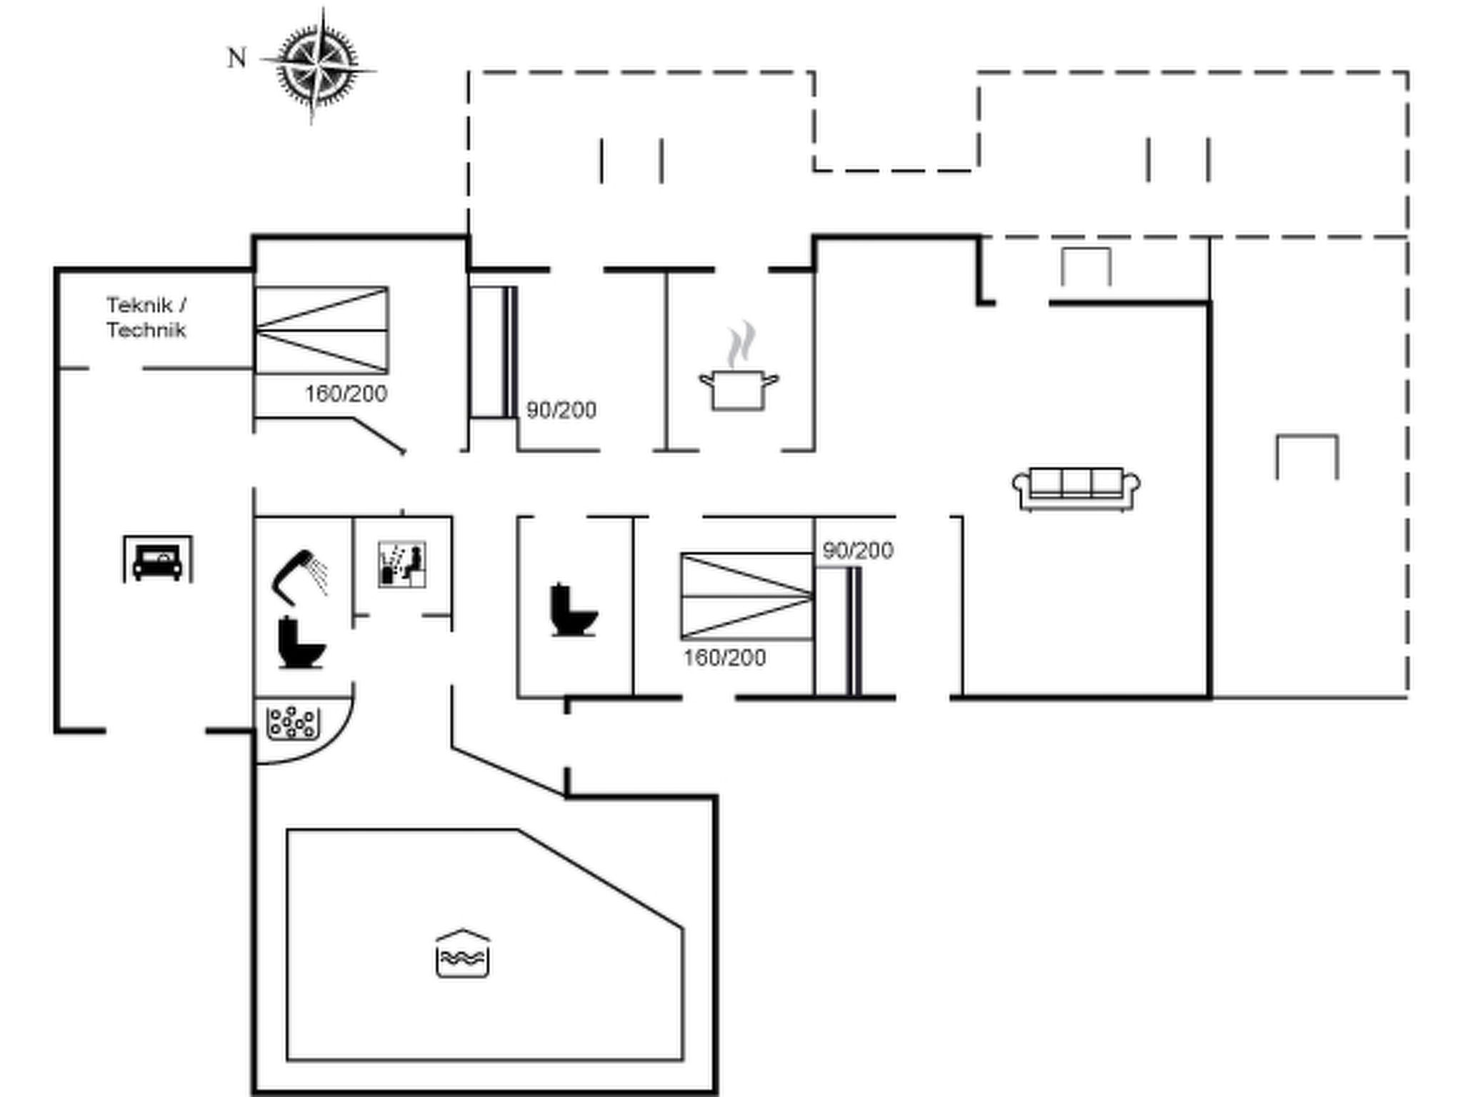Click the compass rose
[x=318, y=66]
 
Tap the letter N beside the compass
[x=236, y=58]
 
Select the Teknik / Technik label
[x=146, y=317]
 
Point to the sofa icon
[x=1076, y=489]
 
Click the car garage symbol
[x=158, y=558]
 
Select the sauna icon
[x=402, y=564]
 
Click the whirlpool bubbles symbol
[x=293, y=723]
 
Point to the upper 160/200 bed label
[x=346, y=394]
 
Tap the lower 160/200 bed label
[x=724, y=658]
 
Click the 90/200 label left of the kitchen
[x=561, y=410]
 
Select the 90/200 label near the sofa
[x=858, y=551]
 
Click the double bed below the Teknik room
[x=321, y=330]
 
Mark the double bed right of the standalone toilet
[x=747, y=596]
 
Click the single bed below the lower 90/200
[x=839, y=631]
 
